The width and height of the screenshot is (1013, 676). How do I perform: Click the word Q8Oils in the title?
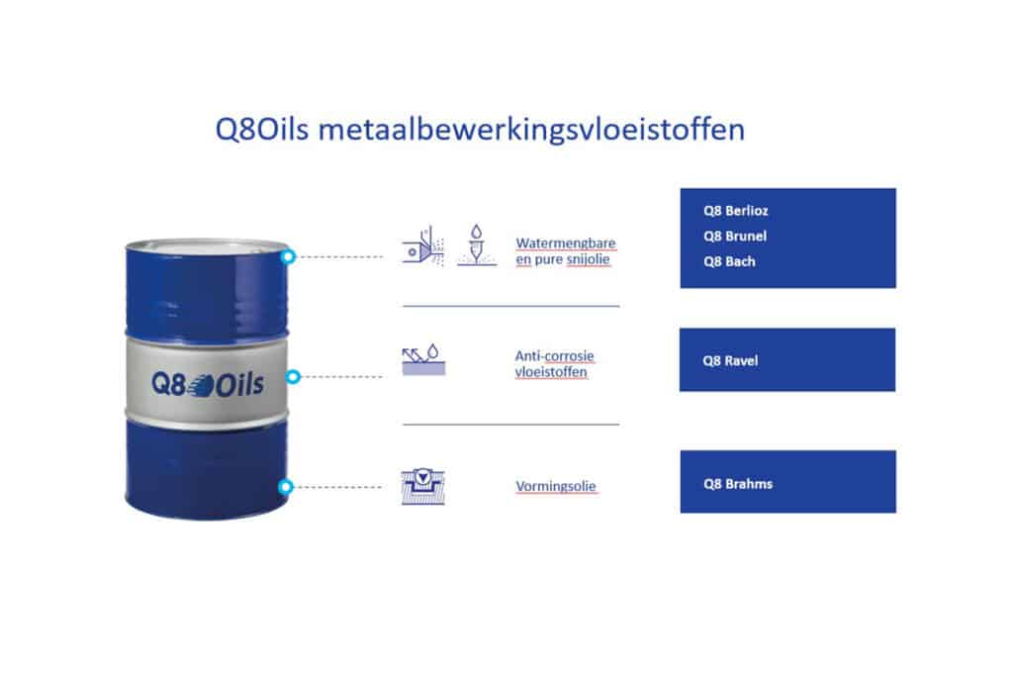coord(261,130)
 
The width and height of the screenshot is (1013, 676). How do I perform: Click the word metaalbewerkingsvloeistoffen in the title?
coord(531,130)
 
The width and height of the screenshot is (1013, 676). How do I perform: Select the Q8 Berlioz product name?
coord(736,211)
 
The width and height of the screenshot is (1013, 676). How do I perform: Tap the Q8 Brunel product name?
coord(735,236)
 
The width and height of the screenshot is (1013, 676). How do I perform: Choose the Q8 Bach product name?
coord(729,261)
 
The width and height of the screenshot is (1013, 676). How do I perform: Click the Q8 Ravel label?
coord(730,360)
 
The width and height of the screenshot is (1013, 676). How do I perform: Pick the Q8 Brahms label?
coord(738,483)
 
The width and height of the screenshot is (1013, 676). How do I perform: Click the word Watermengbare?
coord(566,243)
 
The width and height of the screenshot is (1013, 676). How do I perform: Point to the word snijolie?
coord(588,259)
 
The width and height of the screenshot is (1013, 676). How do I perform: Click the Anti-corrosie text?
coord(554,355)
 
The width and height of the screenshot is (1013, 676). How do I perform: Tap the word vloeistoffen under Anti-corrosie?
coord(551,371)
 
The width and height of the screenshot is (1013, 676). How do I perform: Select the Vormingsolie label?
coord(556,486)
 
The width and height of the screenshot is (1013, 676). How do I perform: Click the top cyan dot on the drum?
coord(288,256)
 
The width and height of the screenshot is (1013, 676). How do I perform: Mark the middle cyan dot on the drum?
coord(293,376)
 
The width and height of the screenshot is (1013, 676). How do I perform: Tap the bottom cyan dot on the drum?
coord(286,487)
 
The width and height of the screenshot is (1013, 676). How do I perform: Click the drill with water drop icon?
coord(477,244)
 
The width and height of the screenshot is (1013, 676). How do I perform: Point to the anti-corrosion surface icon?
coord(423,359)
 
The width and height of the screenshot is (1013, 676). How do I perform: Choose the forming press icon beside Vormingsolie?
coord(423,487)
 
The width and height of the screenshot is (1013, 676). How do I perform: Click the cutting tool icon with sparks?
coord(423,245)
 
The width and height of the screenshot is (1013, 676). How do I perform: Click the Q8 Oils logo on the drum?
coord(208,384)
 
